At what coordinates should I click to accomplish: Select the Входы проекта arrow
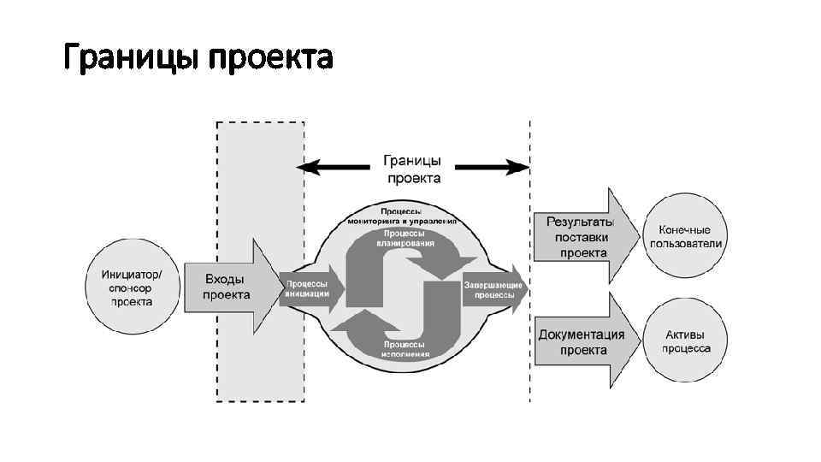click(x=227, y=287)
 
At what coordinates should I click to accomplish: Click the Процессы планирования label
click(x=408, y=237)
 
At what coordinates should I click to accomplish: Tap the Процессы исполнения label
click(x=406, y=347)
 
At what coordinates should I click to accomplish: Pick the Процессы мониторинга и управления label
click(x=402, y=215)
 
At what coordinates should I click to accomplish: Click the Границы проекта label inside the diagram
click(x=413, y=169)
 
